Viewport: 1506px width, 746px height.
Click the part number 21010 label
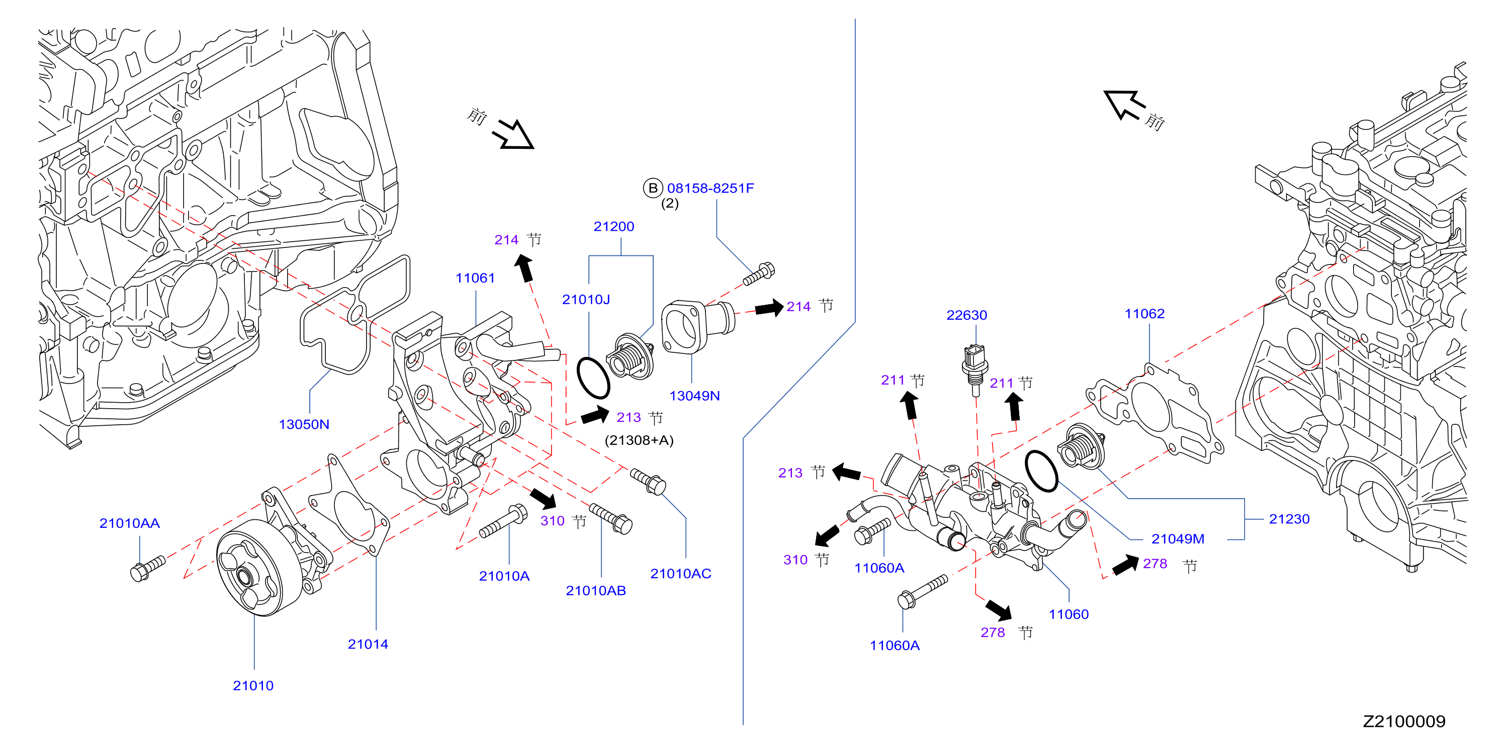point(253,685)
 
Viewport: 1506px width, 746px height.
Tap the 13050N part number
point(304,424)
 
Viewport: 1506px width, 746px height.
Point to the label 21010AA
point(129,523)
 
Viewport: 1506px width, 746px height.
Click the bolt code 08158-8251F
point(711,188)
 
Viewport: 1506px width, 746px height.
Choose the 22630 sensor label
point(966,315)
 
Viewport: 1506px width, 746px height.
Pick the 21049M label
point(1178,538)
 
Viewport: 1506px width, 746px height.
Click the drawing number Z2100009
point(1404,721)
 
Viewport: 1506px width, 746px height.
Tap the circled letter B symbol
point(653,188)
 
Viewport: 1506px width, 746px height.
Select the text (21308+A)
point(639,440)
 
